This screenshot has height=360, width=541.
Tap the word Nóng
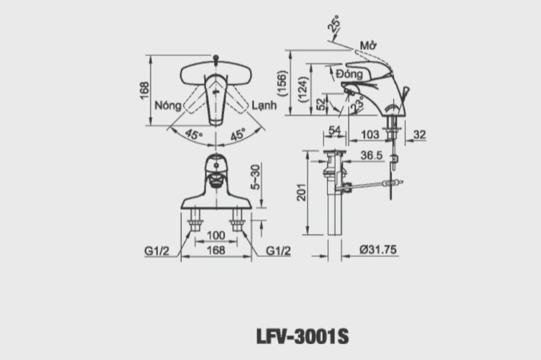[x=167, y=104]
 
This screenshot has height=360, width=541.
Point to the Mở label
[x=370, y=45]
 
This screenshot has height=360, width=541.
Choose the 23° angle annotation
[x=357, y=105]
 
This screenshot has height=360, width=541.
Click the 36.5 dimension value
[x=371, y=155]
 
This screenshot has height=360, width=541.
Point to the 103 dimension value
[x=369, y=134]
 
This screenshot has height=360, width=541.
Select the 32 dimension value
[x=421, y=134]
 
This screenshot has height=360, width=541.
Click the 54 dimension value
[x=334, y=130]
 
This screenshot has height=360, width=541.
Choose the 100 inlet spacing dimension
[x=215, y=236]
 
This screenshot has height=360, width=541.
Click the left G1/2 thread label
[x=156, y=251]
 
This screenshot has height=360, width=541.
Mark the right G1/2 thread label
[x=278, y=251]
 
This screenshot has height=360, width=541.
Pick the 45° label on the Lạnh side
[x=238, y=135]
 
